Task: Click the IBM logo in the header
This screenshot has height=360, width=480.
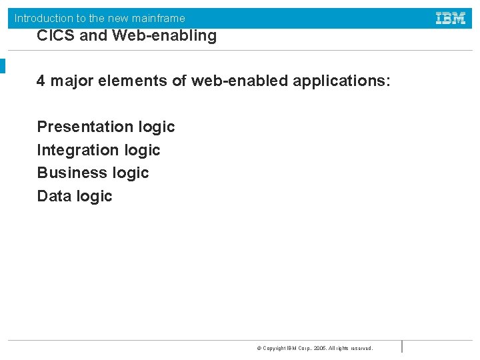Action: click(451, 18)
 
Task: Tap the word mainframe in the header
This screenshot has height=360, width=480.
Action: click(161, 19)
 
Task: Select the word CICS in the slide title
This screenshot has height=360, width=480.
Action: click(55, 36)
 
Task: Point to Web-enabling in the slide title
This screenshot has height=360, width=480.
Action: click(165, 36)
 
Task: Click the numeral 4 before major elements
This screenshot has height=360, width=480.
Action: click(41, 81)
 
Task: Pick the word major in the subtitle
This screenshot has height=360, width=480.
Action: click(70, 81)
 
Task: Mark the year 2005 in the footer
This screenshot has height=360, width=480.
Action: click(321, 348)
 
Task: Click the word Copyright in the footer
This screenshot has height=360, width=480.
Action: click(275, 348)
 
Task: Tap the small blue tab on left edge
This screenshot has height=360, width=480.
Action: click(3, 66)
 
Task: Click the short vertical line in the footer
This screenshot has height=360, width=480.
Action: click(402, 346)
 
